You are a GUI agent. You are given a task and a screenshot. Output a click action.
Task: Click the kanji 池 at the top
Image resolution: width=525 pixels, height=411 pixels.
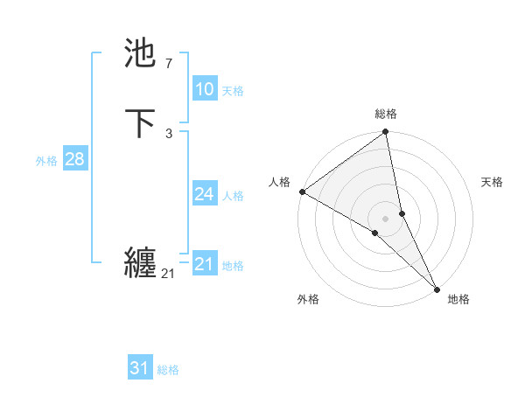tap(142, 53)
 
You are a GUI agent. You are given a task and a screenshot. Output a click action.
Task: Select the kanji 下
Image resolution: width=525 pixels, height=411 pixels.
tap(142, 123)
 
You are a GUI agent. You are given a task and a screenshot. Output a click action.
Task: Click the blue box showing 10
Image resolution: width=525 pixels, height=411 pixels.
tap(204, 89)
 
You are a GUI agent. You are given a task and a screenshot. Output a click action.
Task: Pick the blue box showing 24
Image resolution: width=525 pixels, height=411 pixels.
tap(204, 194)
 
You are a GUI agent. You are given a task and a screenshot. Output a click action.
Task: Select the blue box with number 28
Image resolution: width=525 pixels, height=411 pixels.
tap(74, 159)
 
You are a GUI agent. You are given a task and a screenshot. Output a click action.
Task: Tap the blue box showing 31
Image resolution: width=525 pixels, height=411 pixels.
tap(140, 368)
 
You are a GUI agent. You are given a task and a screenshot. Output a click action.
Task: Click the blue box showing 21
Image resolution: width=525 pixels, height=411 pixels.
tap(204, 264)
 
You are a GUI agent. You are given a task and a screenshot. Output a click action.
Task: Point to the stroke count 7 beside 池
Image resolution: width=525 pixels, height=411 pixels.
tap(168, 64)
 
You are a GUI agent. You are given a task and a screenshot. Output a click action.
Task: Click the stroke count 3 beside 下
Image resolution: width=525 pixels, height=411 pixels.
tap(168, 134)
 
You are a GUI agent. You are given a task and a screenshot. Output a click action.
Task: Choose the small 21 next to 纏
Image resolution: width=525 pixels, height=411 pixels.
tap(168, 274)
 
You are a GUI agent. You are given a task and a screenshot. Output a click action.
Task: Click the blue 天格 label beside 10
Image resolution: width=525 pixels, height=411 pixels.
tap(233, 91)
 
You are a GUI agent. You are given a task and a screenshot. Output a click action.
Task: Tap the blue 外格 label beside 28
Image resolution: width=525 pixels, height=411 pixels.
tap(46, 161)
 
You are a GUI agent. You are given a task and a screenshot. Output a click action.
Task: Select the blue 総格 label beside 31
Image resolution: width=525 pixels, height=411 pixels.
tap(168, 370)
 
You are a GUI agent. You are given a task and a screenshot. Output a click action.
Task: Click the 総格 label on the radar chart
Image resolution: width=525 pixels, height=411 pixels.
tap(386, 114)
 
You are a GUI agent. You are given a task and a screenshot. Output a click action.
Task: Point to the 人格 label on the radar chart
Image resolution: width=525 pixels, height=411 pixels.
tap(280, 182)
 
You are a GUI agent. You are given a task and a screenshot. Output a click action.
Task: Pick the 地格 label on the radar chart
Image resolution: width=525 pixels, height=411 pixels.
tap(458, 299)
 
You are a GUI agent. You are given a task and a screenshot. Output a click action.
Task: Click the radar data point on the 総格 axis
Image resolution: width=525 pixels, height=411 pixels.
tap(386, 133)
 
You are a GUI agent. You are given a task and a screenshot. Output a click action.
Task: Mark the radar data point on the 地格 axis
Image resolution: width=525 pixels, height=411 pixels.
tap(437, 287)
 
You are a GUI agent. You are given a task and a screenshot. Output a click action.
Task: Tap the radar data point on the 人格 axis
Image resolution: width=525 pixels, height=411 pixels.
tap(302, 191)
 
